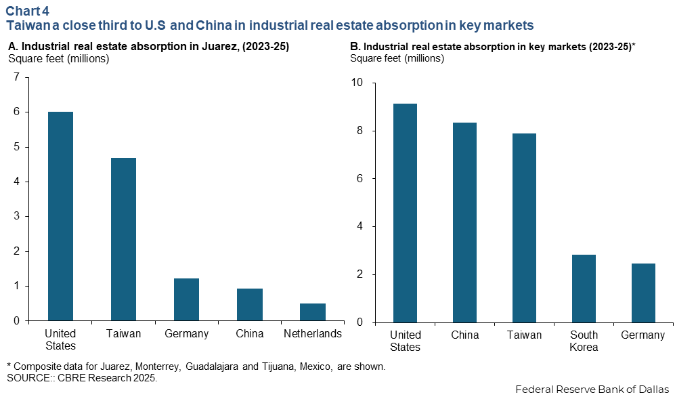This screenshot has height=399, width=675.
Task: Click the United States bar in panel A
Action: coord(60,216)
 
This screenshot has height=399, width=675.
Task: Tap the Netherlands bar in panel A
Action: coord(313,312)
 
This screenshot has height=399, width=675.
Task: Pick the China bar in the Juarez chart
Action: coord(250,305)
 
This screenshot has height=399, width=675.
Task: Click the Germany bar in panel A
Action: coord(186,299)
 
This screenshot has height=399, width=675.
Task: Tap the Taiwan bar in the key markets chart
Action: coord(524,228)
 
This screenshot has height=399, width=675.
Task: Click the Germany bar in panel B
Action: coord(643,293)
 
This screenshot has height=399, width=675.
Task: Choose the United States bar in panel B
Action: coord(405,213)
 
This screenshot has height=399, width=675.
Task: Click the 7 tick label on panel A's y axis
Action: coord(16,77)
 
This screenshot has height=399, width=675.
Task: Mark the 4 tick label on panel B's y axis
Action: coord(359,226)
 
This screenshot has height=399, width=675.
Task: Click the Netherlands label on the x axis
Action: coord(313,334)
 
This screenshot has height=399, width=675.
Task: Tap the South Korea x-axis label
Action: coord(583,341)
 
